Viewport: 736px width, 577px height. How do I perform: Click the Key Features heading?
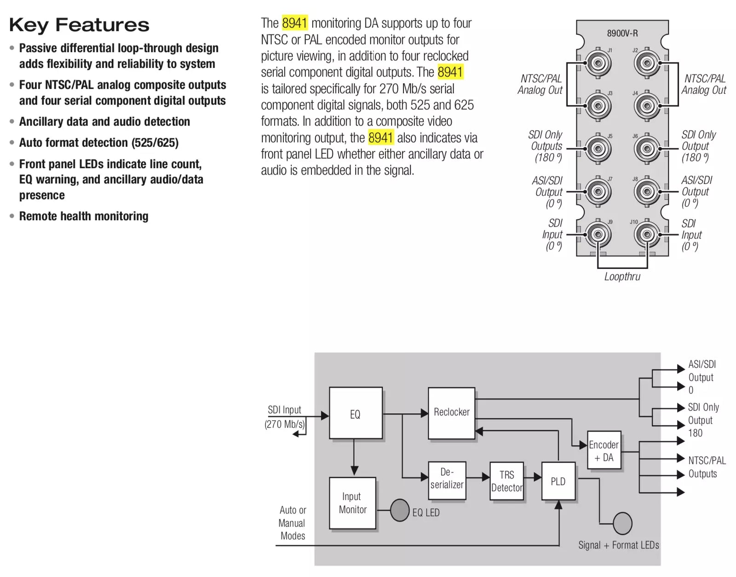(x=79, y=25)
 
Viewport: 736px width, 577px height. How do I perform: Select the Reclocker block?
(x=451, y=413)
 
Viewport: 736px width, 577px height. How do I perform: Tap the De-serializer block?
(x=447, y=480)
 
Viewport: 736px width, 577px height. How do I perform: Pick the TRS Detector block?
(x=507, y=481)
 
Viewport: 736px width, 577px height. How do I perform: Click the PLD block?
(x=558, y=481)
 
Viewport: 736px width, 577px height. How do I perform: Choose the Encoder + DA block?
(x=604, y=450)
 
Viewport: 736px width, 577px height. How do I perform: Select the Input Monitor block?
(x=352, y=503)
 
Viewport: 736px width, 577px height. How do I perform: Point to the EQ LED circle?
(x=400, y=510)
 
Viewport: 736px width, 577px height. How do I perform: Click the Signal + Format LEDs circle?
(x=622, y=523)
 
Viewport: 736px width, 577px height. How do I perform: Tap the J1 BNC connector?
(x=598, y=63)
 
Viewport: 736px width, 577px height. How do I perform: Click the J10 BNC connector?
(x=647, y=234)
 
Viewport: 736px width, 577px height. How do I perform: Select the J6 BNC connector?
(x=647, y=149)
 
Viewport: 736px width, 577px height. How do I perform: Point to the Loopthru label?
(x=622, y=276)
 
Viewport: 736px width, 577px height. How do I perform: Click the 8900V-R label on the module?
(x=622, y=33)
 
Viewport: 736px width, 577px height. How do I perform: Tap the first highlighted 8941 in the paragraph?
(x=295, y=23)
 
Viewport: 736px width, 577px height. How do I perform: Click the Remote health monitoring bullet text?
(x=84, y=216)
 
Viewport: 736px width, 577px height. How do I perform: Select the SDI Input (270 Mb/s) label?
(x=284, y=417)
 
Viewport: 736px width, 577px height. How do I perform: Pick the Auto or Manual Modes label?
(x=293, y=523)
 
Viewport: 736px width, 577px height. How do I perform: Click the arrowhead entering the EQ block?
(x=325, y=416)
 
